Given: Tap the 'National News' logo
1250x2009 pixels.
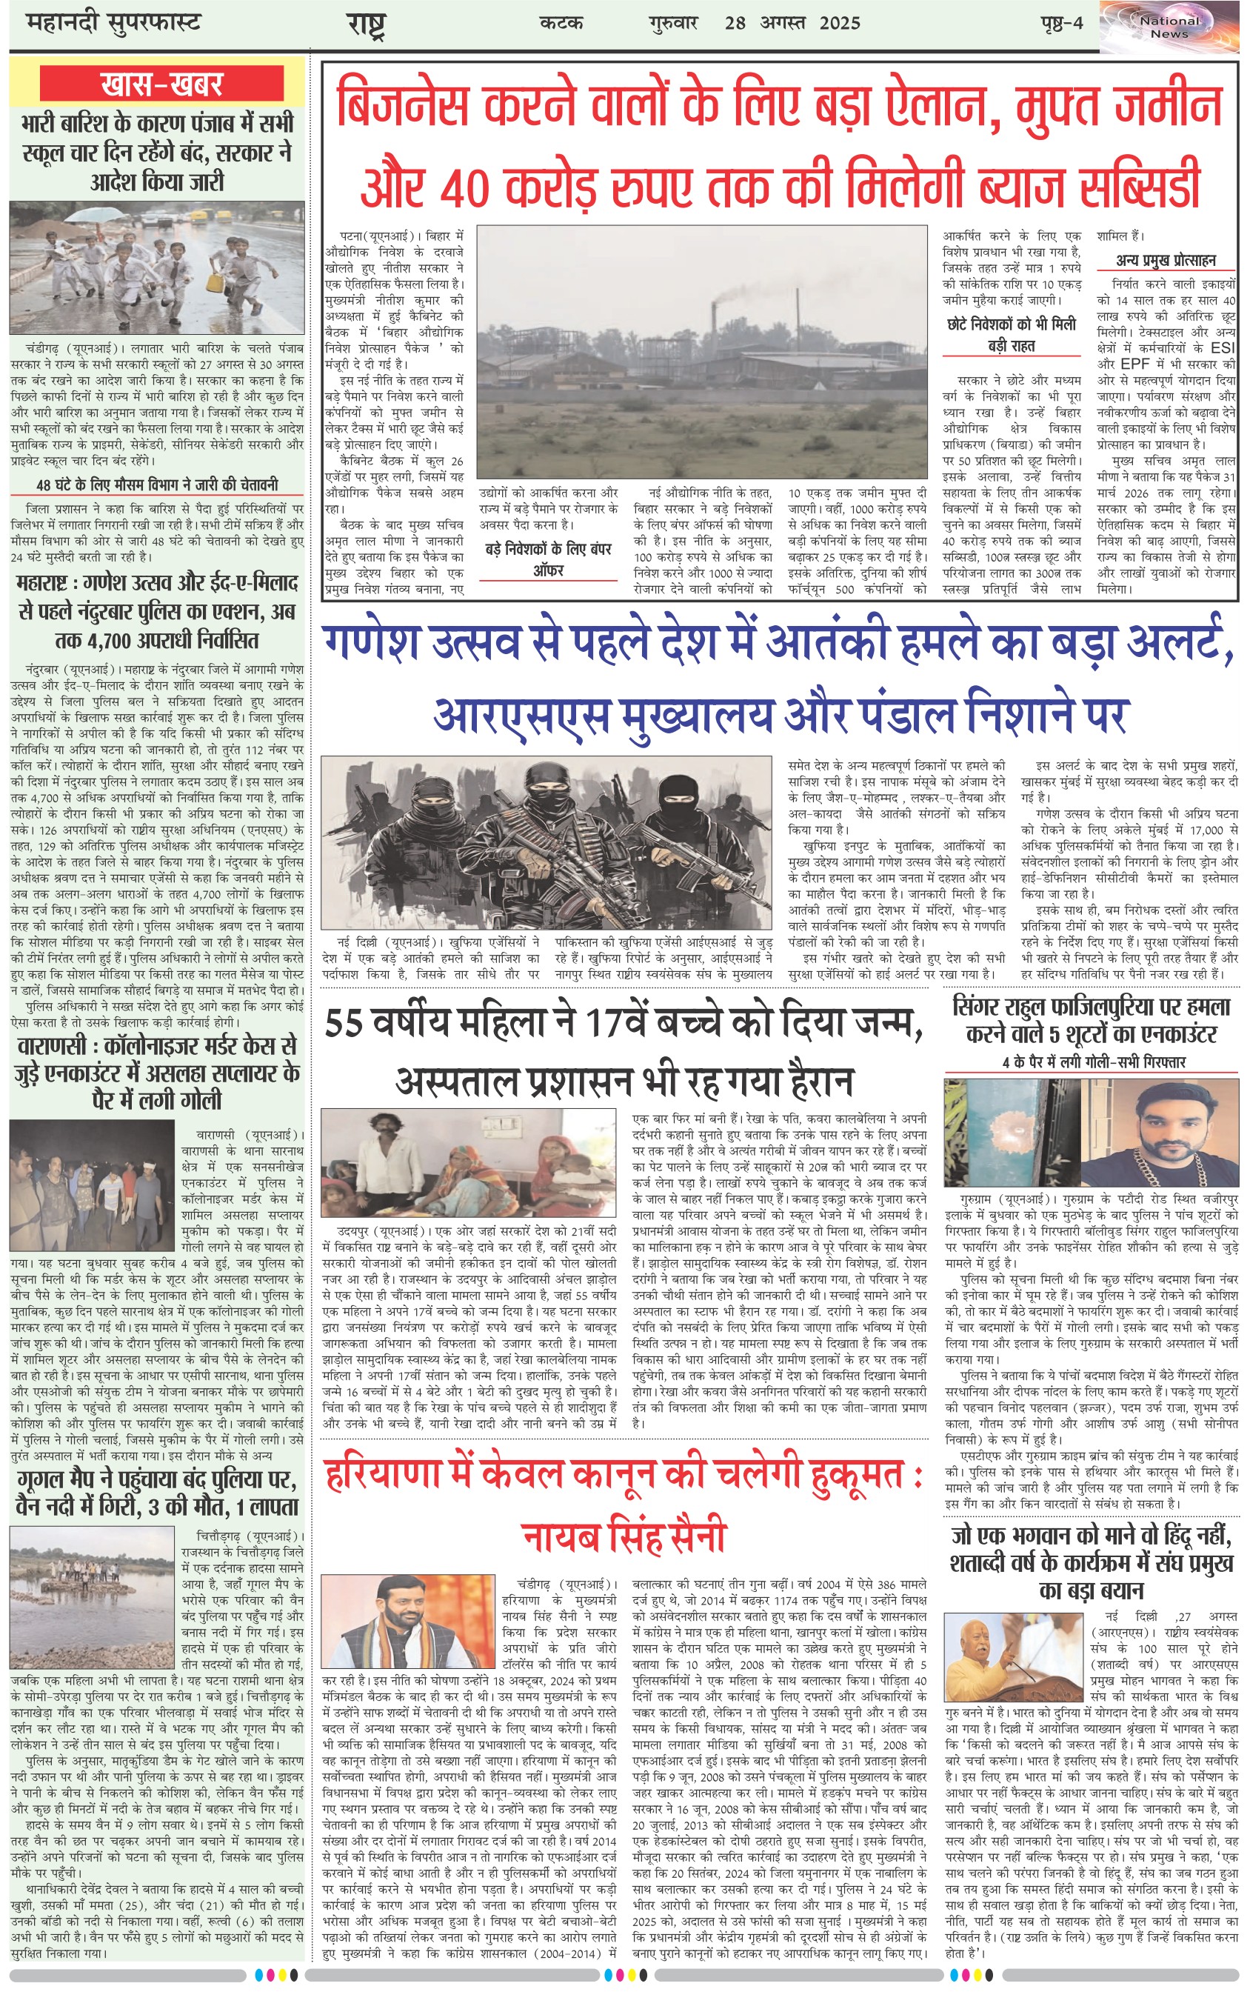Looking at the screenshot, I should click(1169, 27).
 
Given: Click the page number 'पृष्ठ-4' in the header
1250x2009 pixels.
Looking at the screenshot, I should click(1061, 23).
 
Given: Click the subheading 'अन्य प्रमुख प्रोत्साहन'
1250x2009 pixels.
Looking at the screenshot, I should click(1166, 261).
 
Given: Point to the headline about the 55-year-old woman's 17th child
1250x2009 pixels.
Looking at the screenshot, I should click(624, 1050).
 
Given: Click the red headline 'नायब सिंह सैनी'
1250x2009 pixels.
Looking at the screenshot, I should click(624, 1536).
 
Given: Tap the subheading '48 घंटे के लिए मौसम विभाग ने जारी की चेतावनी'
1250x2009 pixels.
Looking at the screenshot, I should click(157, 484).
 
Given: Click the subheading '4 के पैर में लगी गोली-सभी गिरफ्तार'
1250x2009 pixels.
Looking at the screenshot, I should click(1094, 1062).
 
